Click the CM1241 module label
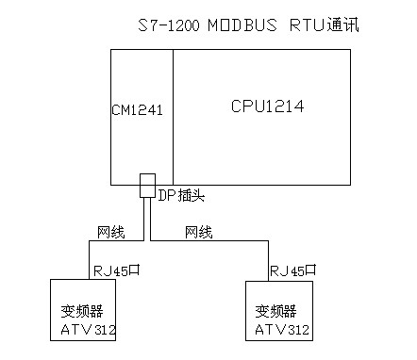(138, 110)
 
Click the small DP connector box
(147, 185)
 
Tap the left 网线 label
(110, 231)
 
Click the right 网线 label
(198, 231)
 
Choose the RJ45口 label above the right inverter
(292, 269)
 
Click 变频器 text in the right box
(275, 310)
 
